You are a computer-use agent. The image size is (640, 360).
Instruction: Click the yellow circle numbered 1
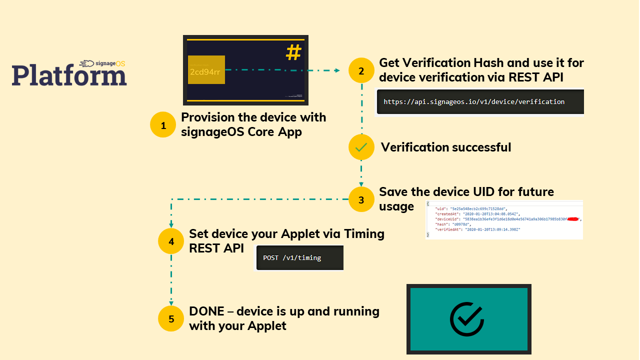tap(163, 125)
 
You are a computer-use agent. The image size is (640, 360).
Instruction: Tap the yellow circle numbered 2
tap(361, 70)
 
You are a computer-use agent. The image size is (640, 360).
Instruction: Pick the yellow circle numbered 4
tap(171, 241)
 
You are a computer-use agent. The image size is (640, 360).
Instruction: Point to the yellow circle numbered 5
tap(171, 318)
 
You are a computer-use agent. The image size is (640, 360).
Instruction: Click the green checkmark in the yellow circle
tap(361, 147)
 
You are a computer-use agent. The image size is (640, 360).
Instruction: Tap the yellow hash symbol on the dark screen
tap(293, 52)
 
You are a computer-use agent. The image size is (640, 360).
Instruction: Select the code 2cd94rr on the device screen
tap(205, 71)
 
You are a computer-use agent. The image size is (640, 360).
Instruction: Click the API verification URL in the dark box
tap(474, 102)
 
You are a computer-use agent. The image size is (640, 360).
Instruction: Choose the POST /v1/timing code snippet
tap(292, 258)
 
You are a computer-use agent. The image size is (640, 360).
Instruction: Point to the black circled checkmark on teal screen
tap(466, 318)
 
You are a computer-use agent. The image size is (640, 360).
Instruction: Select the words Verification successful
tap(446, 147)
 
